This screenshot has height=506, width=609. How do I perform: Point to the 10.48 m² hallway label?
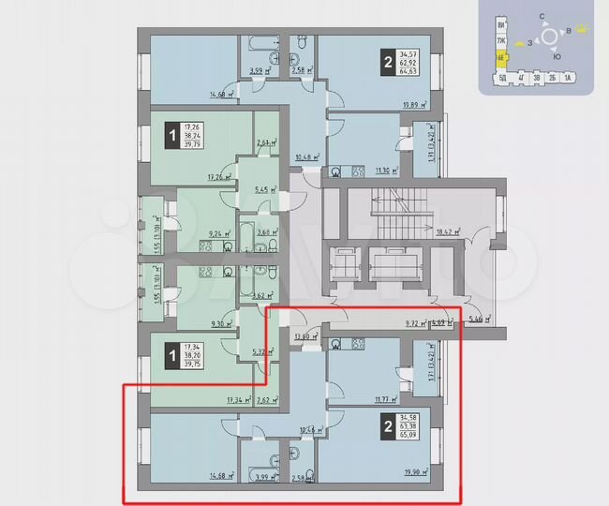[306, 157]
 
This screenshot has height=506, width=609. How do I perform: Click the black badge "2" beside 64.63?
[387, 63]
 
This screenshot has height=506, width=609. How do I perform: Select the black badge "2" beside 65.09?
[387, 427]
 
